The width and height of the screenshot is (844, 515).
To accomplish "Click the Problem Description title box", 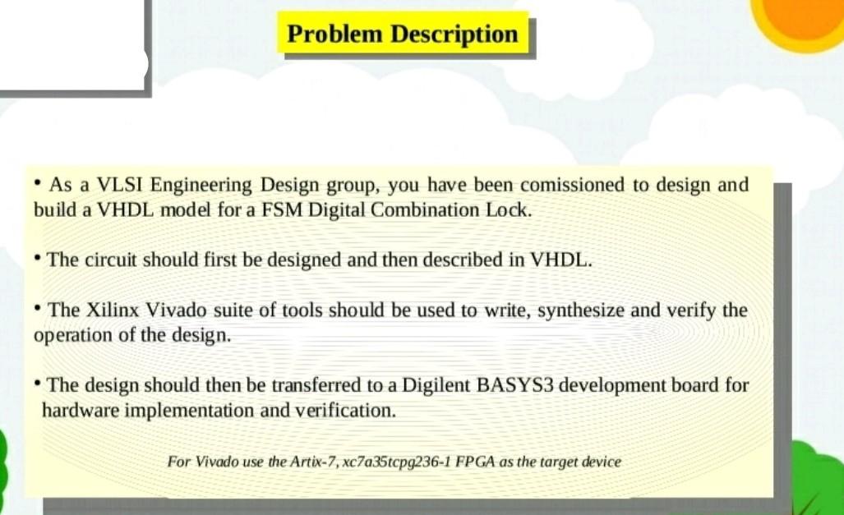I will pyautogui.click(x=403, y=34).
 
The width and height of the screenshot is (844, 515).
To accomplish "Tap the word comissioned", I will pyautogui.click(x=572, y=184).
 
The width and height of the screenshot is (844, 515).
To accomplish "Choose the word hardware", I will pyautogui.click(x=80, y=410).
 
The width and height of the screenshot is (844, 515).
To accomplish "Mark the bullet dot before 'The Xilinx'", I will pyautogui.click(x=39, y=309).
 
